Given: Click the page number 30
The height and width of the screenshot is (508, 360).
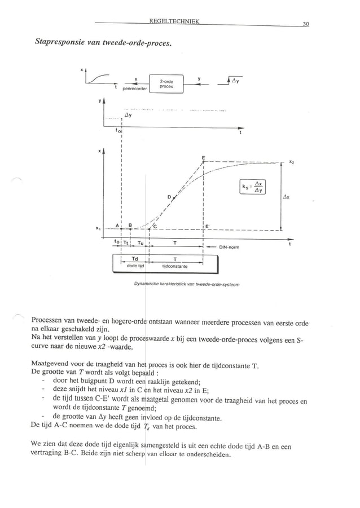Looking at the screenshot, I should coord(305,24).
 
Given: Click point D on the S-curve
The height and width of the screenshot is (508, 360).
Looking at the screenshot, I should coord(169,197).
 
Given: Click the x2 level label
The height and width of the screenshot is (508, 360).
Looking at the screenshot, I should coord(291,162).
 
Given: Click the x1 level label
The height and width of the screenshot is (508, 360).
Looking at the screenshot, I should coord(99,228).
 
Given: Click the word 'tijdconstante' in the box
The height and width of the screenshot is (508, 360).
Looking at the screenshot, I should coord(173,264).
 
